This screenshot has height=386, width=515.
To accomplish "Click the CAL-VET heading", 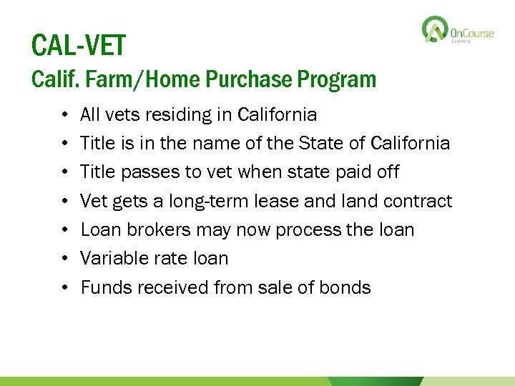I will coord(78,46).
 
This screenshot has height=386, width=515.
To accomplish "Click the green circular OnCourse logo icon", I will coord(435,30).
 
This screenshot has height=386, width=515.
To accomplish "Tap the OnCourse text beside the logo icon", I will coord(472,33).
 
